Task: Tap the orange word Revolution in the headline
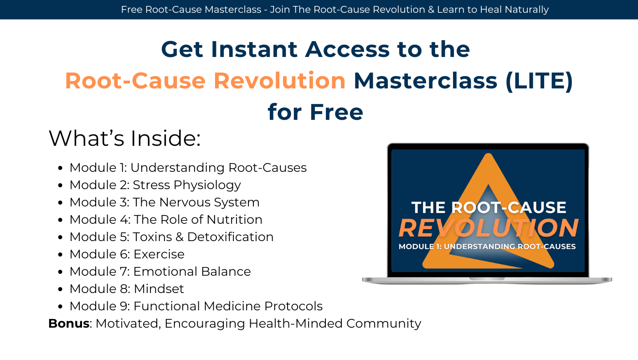coord(279,81)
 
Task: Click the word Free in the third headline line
coord(336,112)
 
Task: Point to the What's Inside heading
coord(124,139)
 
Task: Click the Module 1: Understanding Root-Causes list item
coord(188,168)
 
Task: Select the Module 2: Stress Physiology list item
coord(155,185)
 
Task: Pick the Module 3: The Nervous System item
coord(164,202)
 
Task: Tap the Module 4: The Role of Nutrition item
coord(166,220)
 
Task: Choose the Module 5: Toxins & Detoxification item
coord(171,237)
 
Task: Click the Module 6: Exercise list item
coord(127,254)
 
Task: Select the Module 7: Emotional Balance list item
coord(160,272)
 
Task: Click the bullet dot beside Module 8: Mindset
coord(61,289)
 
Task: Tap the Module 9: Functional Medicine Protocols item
coord(196,306)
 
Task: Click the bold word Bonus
coord(69,324)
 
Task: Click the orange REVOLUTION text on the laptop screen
coord(488,228)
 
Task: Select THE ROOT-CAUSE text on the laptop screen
coord(489,208)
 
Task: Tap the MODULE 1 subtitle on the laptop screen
coord(487,247)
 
